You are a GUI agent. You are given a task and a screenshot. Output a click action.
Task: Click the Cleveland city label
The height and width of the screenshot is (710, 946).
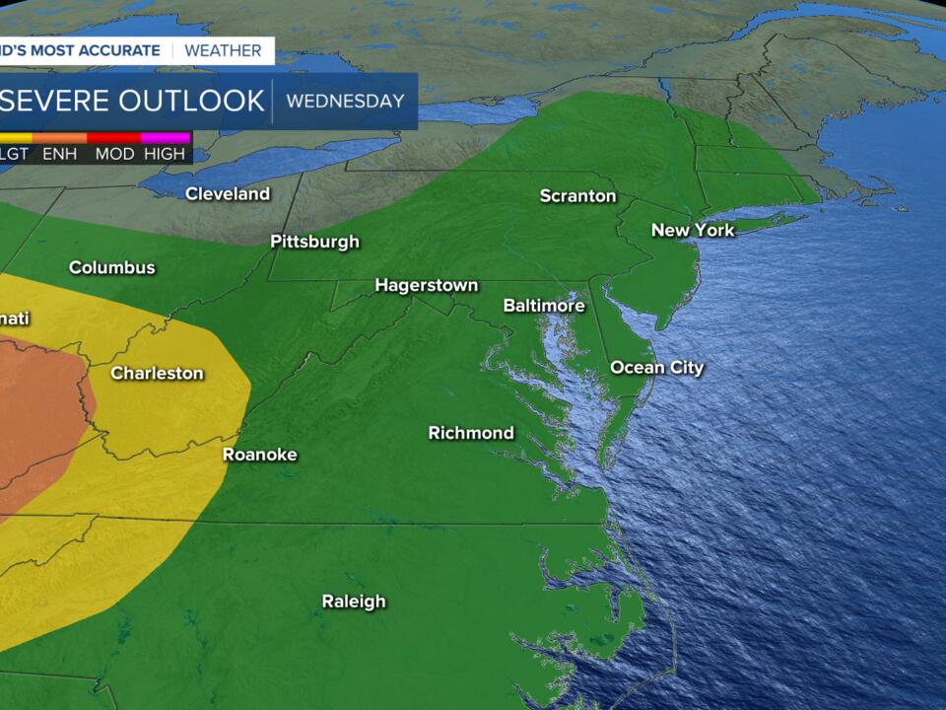tap(228, 194)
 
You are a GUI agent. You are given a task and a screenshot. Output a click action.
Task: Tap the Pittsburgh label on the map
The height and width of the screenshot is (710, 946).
tap(315, 242)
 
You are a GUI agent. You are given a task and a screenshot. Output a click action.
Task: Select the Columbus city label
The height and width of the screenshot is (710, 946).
tap(112, 267)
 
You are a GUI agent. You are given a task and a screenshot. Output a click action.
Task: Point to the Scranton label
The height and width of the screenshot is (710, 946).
tap(577, 196)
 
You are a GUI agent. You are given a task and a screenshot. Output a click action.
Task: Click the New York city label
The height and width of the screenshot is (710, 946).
tap(693, 230)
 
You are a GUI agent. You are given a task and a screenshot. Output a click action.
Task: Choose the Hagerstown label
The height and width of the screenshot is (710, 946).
tap(426, 286)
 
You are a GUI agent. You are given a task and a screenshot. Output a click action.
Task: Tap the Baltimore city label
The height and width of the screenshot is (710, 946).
tap(544, 306)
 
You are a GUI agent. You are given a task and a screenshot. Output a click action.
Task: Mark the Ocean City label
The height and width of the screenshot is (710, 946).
tap(657, 368)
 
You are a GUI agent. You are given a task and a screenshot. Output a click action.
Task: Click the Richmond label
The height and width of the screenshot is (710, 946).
tap(471, 433)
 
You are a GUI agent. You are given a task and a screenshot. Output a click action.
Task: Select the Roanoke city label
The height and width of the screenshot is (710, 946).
tap(259, 455)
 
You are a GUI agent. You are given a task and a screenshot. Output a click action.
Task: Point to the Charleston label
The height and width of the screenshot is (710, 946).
tap(157, 373)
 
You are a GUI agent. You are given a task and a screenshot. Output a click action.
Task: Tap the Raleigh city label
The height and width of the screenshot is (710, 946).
tap(354, 602)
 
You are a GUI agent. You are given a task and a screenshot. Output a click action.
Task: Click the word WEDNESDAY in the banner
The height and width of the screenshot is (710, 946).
tap(345, 101)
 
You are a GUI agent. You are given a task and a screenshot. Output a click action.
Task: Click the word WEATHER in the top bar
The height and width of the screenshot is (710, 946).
tap(223, 50)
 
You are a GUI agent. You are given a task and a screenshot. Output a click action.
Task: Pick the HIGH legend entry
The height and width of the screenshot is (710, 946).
tap(165, 154)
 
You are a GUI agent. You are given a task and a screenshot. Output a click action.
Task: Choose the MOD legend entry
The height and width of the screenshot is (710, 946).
tap(114, 154)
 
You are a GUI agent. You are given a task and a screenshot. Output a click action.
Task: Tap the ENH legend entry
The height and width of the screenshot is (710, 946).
tap(60, 154)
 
